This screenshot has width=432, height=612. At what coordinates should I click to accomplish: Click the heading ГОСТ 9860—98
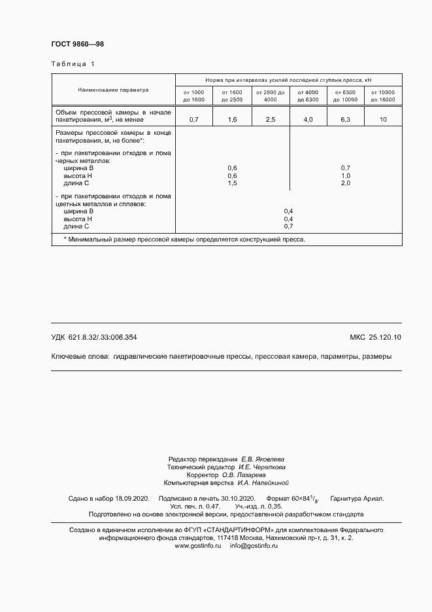(x=77, y=44)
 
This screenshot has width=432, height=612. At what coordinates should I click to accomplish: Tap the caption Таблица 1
(x=73, y=64)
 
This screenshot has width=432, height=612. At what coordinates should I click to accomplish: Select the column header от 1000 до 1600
(x=193, y=96)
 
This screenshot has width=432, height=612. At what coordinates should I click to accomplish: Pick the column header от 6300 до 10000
(x=345, y=96)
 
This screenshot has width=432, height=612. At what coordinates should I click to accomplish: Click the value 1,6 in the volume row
(x=232, y=120)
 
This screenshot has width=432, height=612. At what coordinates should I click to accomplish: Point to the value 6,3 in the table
(x=345, y=120)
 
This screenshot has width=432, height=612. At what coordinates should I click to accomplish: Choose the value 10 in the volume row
(x=383, y=120)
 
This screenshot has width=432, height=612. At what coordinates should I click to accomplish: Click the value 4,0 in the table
(x=307, y=120)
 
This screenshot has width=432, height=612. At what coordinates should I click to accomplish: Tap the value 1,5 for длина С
(x=232, y=183)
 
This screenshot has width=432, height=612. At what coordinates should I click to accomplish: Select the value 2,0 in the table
(x=346, y=183)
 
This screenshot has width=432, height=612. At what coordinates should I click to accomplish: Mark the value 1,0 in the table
(x=346, y=176)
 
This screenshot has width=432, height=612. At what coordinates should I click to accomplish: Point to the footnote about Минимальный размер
(x=184, y=240)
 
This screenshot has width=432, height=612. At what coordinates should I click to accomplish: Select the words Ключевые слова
(x=80, y=357)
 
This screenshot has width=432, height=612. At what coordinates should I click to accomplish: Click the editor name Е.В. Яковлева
(x=263, y=459)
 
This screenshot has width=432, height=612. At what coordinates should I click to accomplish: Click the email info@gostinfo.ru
(x=254, y=527)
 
